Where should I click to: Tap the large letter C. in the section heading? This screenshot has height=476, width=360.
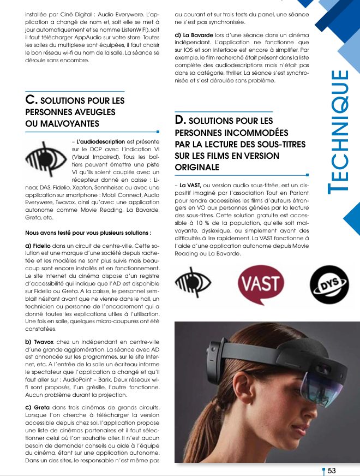(x=32, y=100)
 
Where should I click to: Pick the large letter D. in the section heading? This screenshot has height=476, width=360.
(x=181, y=120)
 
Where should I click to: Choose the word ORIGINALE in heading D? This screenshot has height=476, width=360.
(x=197, y=167)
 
